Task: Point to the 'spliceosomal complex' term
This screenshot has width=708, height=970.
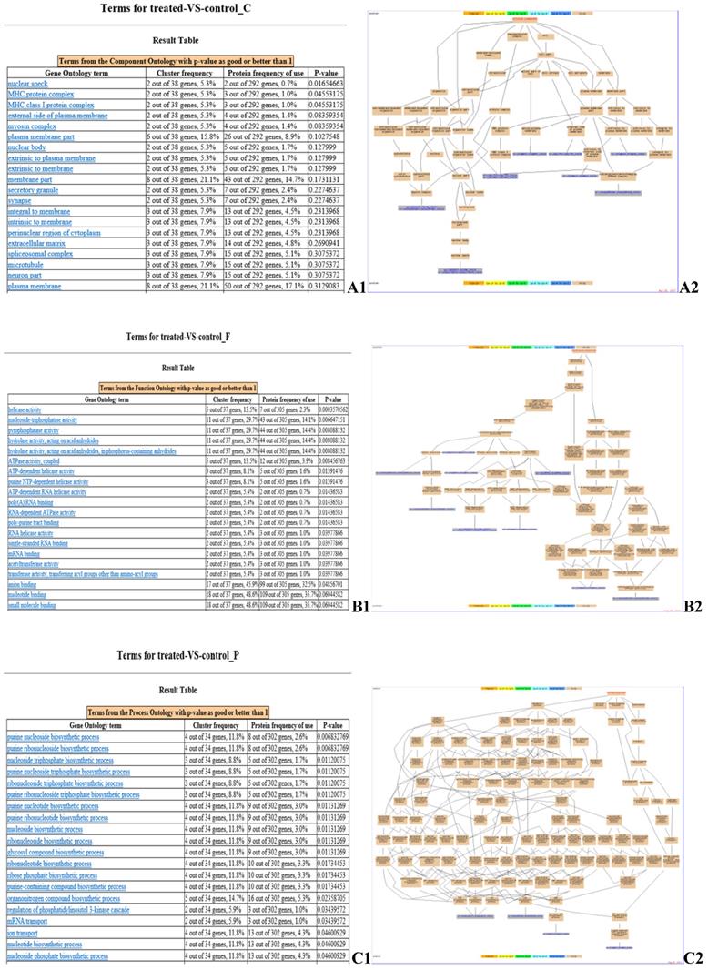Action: coord(41,257)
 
